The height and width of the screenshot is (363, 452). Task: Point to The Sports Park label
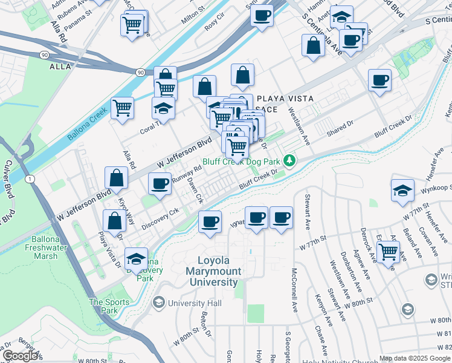(x=109, y=306)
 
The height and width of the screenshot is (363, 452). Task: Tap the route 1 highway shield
(x=29, y=178)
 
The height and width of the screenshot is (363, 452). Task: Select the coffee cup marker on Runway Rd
(x=160, y=183)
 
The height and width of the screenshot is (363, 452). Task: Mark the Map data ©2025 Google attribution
(x=415, y=358)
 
